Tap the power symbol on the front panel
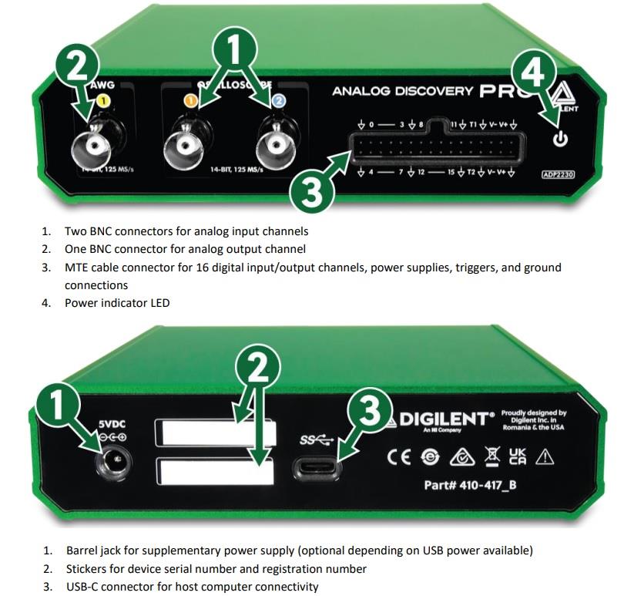click(x=560, y=139)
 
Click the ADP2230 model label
click(x=559, y=175)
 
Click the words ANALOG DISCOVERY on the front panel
click(x=402, y=91)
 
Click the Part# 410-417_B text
click(x=471, y=486)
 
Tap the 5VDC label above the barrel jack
click(x=112, y=423)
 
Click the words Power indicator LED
click(x=117, y=303)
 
